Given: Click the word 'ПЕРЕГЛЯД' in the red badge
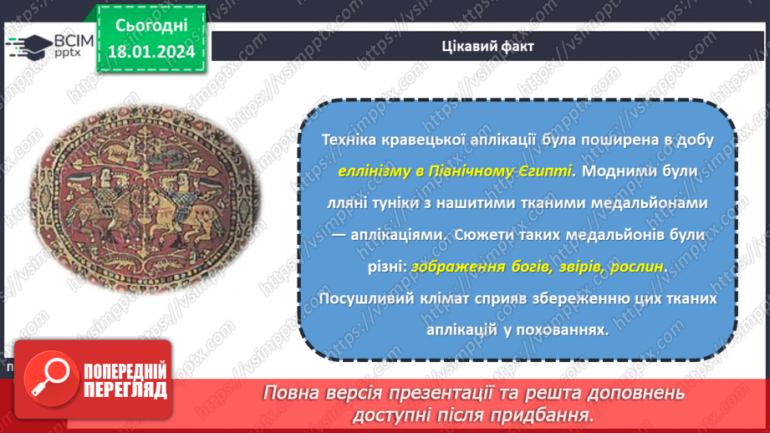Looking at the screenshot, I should [x=125, y=390].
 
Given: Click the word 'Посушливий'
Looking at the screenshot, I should [x=343, y=299].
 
